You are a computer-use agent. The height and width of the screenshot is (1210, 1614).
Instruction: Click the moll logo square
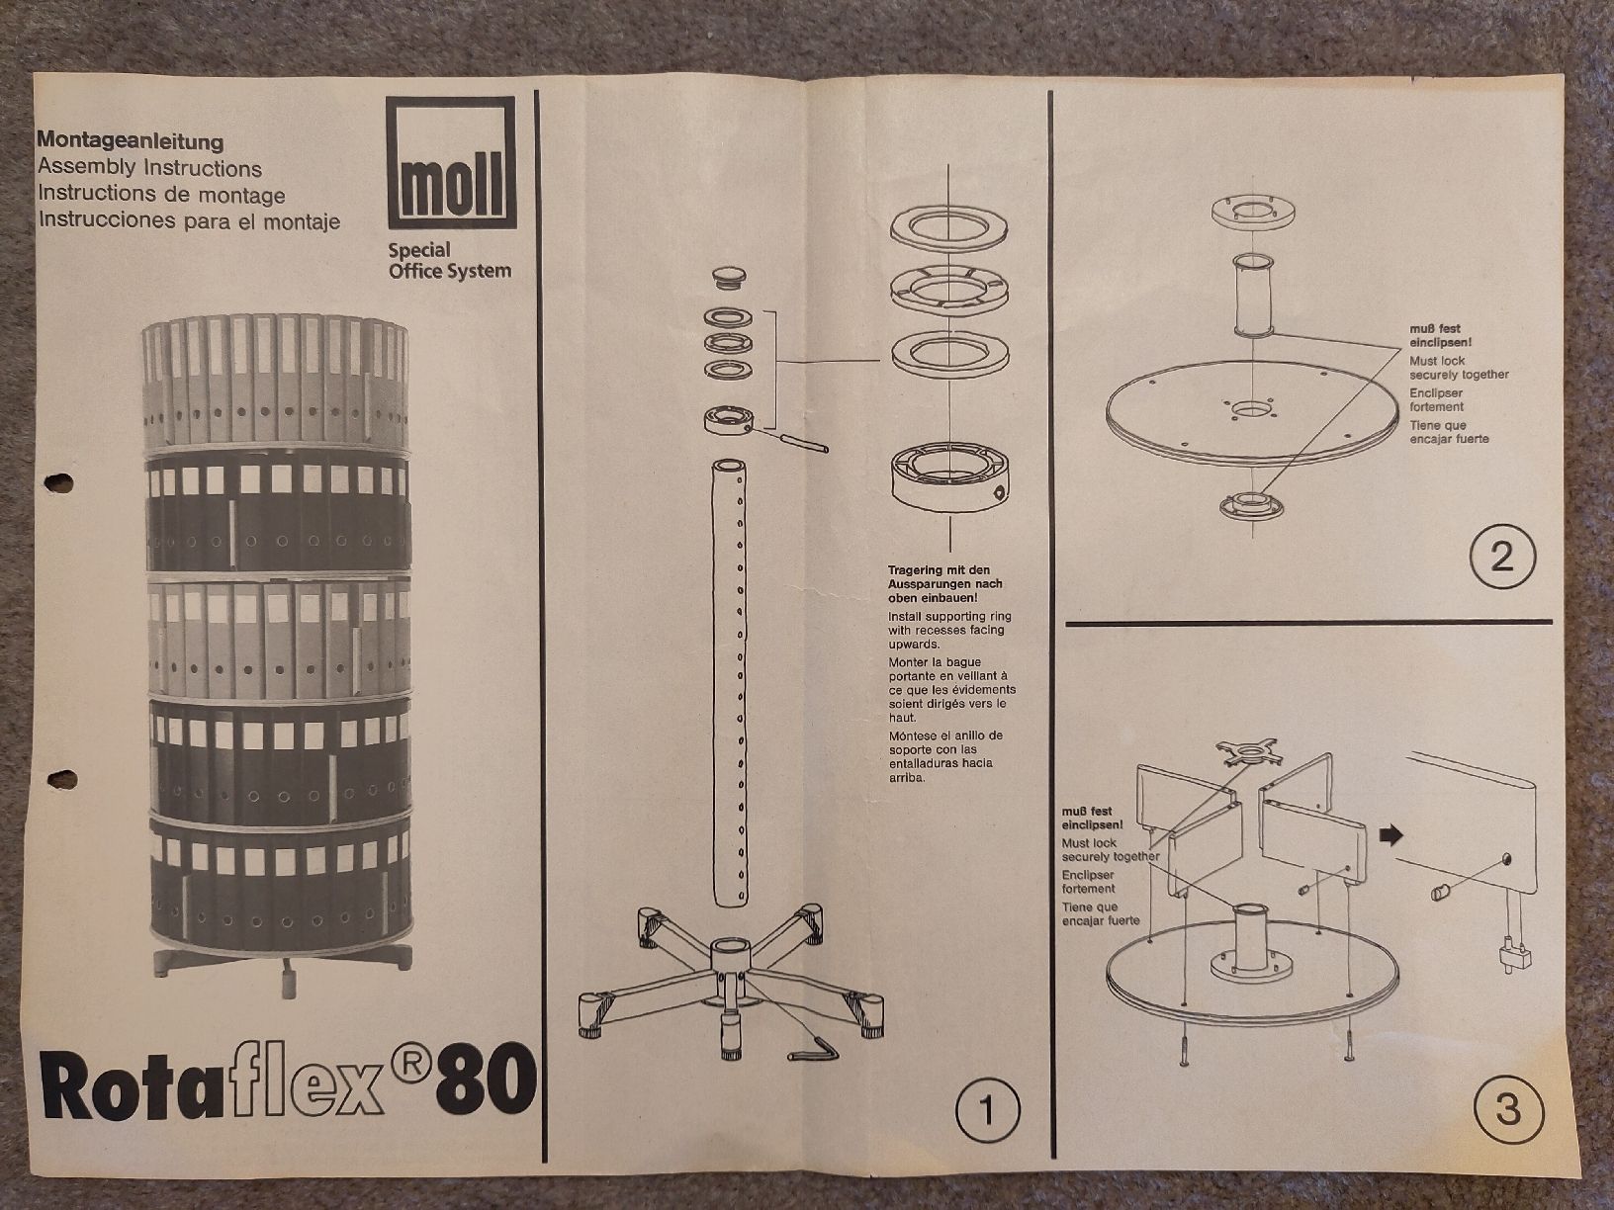click(451, 162)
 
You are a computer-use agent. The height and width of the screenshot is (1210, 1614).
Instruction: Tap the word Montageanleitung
click(131, 140)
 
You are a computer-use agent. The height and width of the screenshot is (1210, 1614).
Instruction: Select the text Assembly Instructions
click(150, 167)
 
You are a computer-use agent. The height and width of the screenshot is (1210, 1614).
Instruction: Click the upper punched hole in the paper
click(58, 482)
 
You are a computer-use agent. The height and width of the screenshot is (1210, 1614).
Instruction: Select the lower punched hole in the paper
click(61, 779)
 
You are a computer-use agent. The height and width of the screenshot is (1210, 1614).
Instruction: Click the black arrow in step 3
click(1391, 835)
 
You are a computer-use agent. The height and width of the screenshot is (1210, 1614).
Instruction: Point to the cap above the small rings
click(730, 278)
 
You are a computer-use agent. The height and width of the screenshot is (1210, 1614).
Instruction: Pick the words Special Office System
click(449, 261)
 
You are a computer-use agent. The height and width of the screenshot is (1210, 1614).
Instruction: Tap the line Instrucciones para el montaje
click(189, 220)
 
